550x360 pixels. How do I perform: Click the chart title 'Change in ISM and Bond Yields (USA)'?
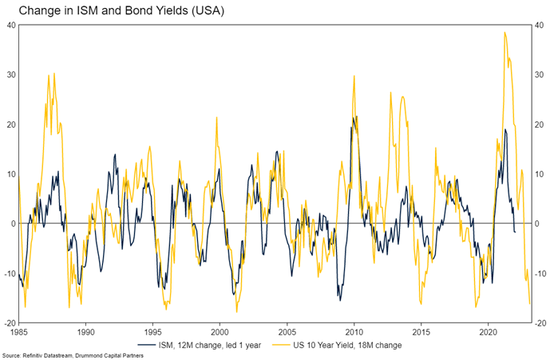117,10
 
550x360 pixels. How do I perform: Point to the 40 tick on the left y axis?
11,25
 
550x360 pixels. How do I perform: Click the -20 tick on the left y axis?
10,322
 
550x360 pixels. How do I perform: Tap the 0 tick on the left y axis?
14,224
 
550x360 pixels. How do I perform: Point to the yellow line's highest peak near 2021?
504,33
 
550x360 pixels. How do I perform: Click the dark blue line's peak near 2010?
353,117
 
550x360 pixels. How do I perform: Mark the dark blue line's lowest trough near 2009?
340,300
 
